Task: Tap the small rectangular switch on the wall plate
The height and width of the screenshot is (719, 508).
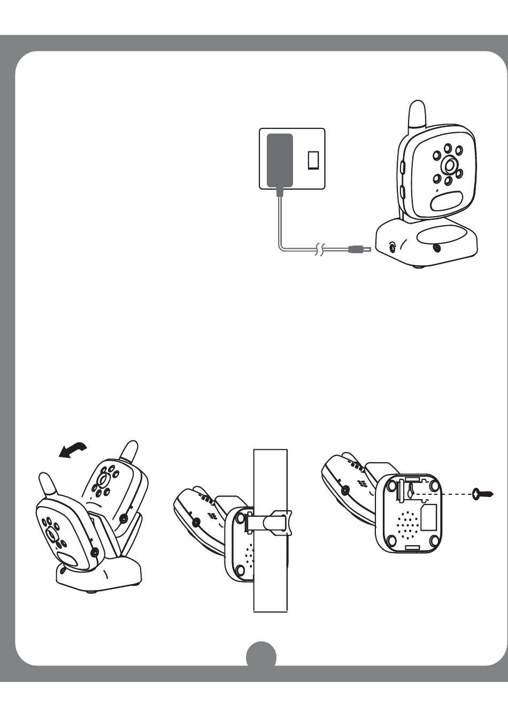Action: tap(313, 160)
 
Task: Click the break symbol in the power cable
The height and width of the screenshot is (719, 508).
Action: tap(319, 249)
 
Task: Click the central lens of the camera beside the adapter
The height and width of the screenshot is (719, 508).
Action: tap(450, 165)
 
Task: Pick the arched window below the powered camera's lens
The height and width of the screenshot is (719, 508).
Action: tap(447, 201)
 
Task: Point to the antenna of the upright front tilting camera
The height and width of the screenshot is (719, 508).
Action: tap(48, 485)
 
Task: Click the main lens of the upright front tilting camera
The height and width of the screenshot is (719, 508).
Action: tap(52, 534)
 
